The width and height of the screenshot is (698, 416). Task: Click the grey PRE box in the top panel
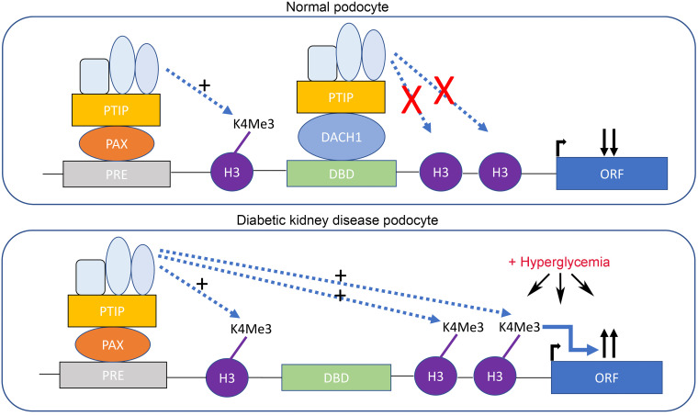pyautogui.click(x=115, y=174)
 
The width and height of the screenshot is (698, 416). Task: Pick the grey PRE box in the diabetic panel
pyautogui.click(x=113, y=375)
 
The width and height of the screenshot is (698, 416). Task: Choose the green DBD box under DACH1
pyautogui.click(x=342, y=174)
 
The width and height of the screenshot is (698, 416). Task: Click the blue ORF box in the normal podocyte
pyautogui.click(x=610, y=174)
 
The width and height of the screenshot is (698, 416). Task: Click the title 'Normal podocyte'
pyautogui.click(x=349, y=8)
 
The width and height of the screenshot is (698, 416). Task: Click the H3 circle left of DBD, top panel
pyautogui.click(x=229, y=173)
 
